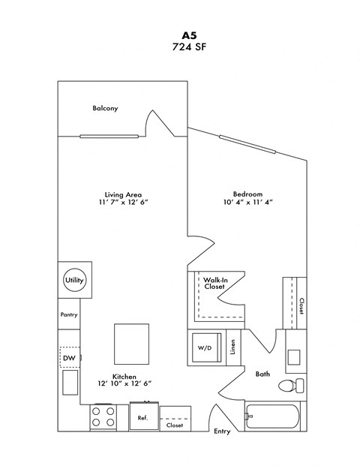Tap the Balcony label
click(105, 109)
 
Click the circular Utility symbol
click(75, 280)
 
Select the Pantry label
click(69, 315)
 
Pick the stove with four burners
click(103, 417)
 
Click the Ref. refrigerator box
click(142, 416)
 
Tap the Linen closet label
click(233, 348)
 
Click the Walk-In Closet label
click(214, 283)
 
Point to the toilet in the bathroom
click(289, 386)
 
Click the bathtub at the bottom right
click(274, 419)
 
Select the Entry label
click(222, 431)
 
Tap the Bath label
click(262, 373)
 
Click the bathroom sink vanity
click(294, 357)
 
